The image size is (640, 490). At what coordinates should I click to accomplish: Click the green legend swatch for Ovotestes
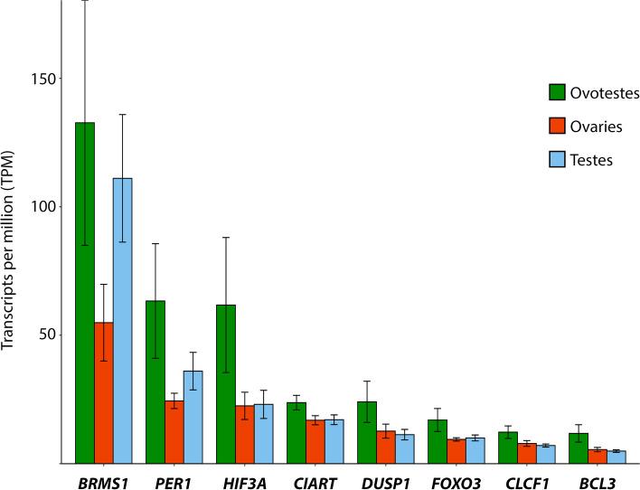[557, 92]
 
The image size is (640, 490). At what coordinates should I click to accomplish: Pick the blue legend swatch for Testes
[557, 160]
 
